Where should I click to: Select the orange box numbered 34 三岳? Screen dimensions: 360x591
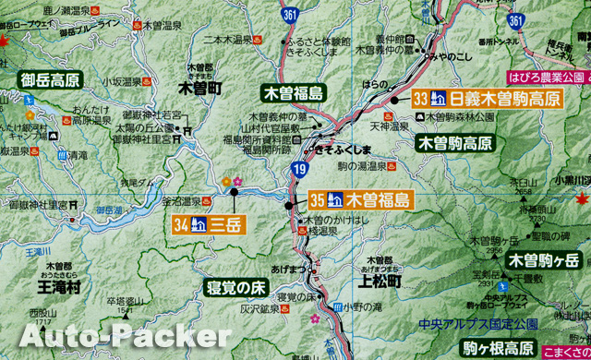[x=208, y=222]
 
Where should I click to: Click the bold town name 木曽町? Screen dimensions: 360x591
[x=199, y=90]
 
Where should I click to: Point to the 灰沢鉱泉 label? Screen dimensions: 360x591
[x=259, y=309]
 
